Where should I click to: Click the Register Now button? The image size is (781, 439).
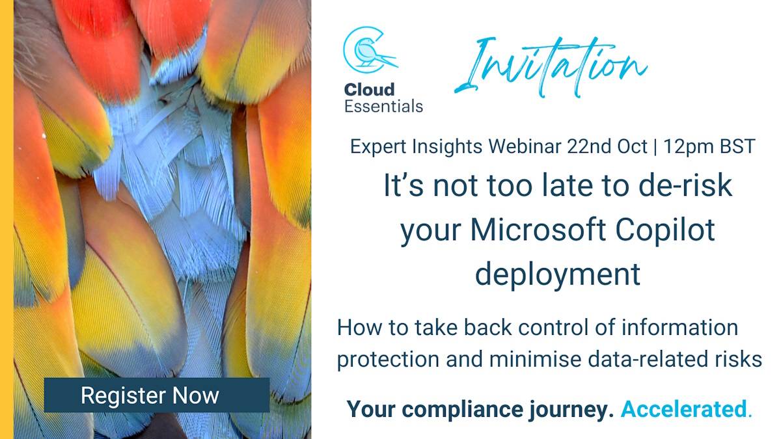pos(156,395)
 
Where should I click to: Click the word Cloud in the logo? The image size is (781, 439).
pos(370,89)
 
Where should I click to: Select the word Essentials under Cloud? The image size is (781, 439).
pos(383,106)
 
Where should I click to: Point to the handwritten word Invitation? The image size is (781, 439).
pos(550,65)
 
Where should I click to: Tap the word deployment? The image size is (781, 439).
pos(558,274)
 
